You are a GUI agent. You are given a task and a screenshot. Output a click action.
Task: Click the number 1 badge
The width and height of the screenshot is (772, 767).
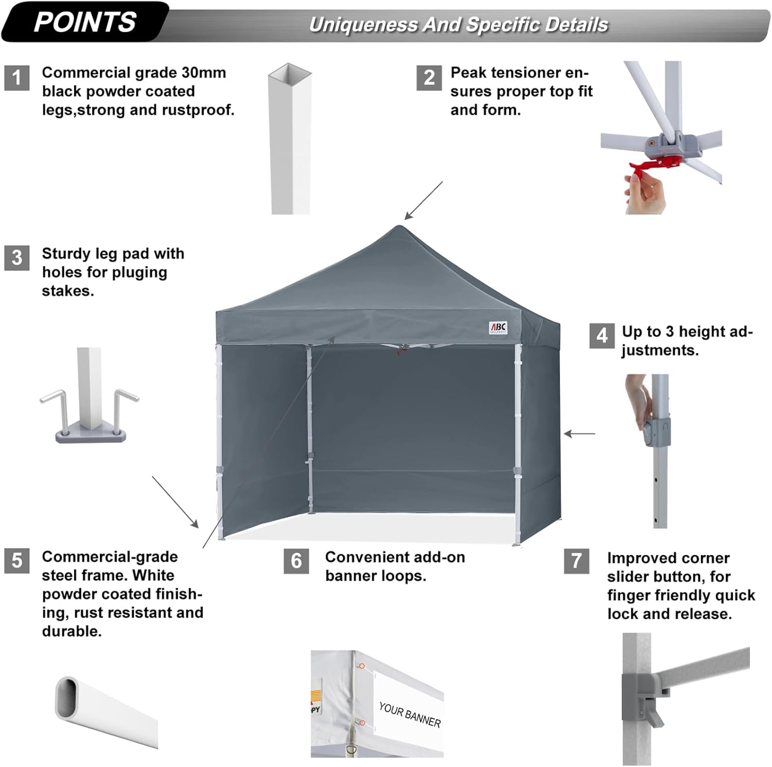(x=16, y=78)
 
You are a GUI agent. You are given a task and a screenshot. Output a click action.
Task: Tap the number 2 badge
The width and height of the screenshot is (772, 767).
(x=429, y=78)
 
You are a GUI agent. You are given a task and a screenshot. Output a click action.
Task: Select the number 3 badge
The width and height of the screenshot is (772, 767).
(x=16, y=257)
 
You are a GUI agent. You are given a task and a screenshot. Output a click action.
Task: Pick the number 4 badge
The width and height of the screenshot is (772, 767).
(x=602, y=336)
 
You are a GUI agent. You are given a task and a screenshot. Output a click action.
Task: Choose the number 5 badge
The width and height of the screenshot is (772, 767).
(x=16, y=560)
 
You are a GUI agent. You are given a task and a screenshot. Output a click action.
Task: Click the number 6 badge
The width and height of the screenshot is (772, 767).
(x=296, y=561)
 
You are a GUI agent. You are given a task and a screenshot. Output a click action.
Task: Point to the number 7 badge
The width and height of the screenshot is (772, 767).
(x=576, y=561)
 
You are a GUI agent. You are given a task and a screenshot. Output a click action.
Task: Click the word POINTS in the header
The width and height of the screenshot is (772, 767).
(x=85, y=22)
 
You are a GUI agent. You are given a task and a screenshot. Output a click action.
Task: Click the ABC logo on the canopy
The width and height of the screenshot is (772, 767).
(x=498, y=327)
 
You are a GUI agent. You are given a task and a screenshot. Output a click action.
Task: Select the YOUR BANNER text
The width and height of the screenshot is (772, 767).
(x=410, y=714)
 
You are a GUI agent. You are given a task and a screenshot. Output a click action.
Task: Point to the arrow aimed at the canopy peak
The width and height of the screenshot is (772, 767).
(x=423, y=201)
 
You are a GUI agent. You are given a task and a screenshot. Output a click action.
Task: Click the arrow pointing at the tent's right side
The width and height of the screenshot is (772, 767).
(x=579, y=434)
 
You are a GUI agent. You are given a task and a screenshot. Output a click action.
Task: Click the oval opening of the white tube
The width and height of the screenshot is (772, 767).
(x=68, y=698)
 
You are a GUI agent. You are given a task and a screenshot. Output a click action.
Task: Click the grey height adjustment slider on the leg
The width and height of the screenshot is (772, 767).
(x=657, y=432)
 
